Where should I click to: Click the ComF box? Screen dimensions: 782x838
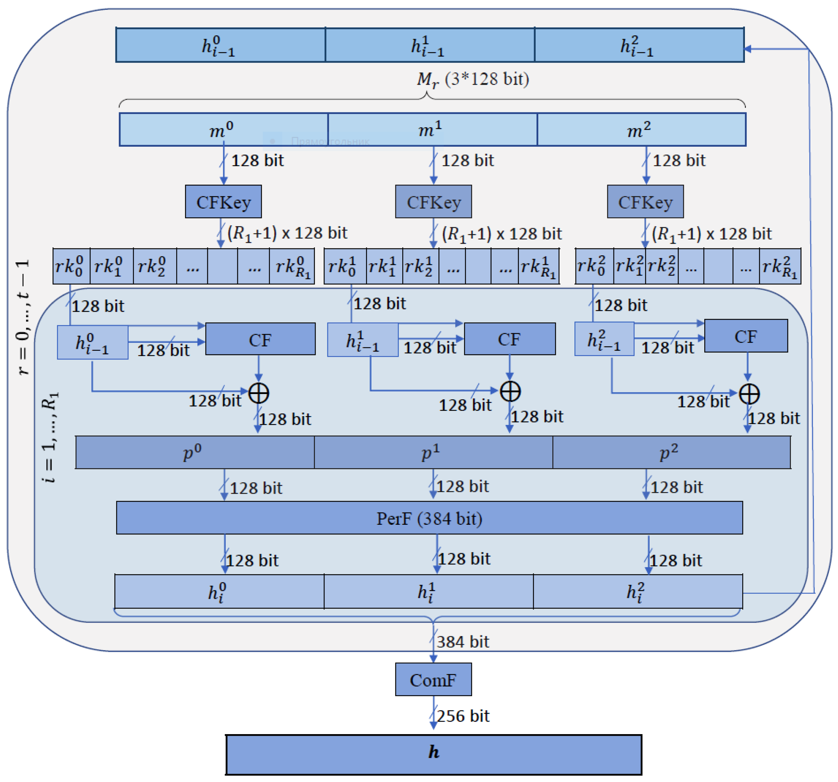(433, 679)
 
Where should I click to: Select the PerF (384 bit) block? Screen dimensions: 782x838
(429, 518)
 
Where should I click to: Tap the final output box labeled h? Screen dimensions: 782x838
(433, 755)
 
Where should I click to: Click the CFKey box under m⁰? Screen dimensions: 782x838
(223, 201)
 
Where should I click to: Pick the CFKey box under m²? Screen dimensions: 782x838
(645, 201)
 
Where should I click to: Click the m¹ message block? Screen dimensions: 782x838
(432, 130)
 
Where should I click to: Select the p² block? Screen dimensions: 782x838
(671, 452)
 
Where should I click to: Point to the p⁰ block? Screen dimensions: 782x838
(194, 452)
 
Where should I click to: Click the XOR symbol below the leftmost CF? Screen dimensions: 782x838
(258, 393)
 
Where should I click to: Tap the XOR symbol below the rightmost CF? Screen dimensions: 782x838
(749, 394)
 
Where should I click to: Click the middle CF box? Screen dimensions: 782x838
(509, 339)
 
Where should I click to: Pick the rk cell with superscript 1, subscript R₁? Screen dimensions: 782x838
(538, 266)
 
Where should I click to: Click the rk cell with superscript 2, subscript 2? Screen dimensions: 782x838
(661, 266)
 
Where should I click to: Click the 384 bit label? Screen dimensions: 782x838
(462, 642)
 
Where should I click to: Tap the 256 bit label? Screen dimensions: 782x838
(462, 716)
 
